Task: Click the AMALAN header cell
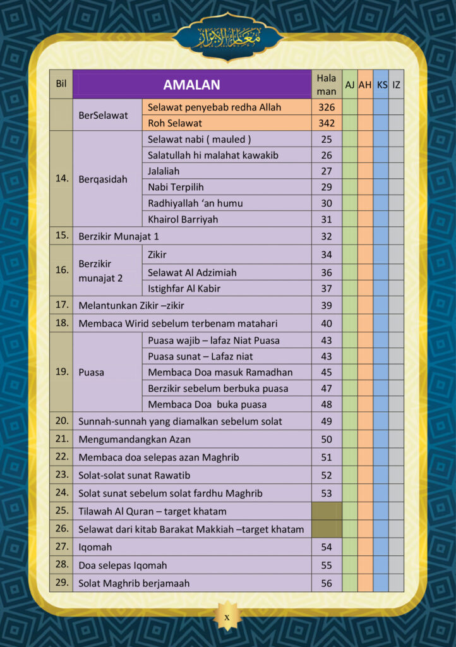click(191, 85)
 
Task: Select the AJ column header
click(349, 85)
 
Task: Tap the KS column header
click(381, 85)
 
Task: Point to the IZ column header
click(396, 85)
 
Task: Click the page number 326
click(327, 107)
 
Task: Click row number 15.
click(61, 236)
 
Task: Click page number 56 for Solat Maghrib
click(327, 583)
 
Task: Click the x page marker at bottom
click(227, 617)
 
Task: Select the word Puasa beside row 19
click(91, 372)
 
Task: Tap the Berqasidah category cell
click(102, 179)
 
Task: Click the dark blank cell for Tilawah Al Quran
click(327, 511)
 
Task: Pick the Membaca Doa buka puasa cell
click(207, 404)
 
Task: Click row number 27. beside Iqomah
click(61, 547)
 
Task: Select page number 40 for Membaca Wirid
click(327, 323)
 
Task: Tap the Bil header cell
click(61, 85)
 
